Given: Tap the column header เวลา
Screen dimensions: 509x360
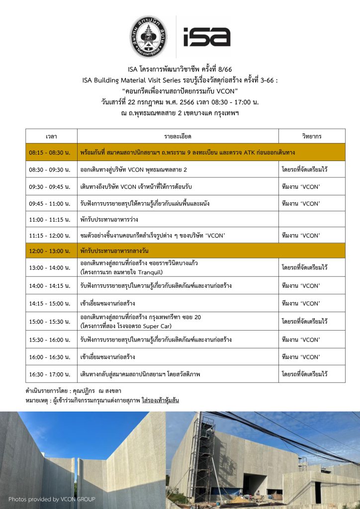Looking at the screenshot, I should (x=51, y=136).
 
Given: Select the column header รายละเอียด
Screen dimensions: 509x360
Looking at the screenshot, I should (x=178, y=136).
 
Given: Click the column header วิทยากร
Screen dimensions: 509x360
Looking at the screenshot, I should (x=312, y=136).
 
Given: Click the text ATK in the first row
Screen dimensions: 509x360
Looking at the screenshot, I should (x=251, y=152).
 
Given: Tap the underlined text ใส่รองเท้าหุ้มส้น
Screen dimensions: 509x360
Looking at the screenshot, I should (x=160, y=400).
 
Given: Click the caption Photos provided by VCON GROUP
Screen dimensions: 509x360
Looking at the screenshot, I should (x=52, y=499).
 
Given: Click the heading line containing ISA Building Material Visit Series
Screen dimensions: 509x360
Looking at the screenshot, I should (x=180, y=80).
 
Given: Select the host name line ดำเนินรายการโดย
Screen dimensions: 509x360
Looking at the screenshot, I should (x=73, y=391).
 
